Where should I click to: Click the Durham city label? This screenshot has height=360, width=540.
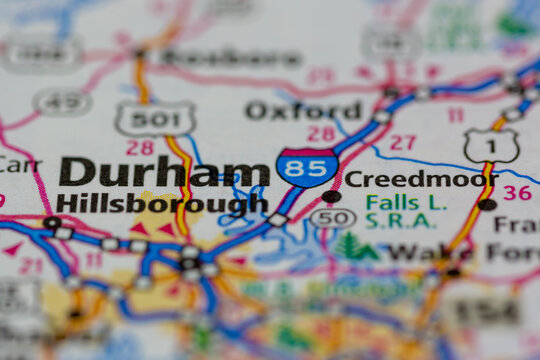[x=163, y=172]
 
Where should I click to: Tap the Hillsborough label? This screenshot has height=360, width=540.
[x=162, y=204]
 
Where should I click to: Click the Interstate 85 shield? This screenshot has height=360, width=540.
[x=306, y=167]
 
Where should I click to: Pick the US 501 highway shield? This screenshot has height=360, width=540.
[x=155, y=119]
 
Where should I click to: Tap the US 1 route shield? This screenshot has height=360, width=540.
[x=491, y=146]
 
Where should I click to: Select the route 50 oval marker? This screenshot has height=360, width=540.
[x=332, y=218]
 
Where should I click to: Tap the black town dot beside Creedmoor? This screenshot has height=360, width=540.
[x=331, y=196]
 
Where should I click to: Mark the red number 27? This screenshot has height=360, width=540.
[x=402, y=142]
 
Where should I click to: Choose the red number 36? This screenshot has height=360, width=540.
[x=516, y=192]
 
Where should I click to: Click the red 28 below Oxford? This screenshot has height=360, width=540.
[x=321, y=134]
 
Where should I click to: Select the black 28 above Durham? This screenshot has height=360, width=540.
[x=139, y=147]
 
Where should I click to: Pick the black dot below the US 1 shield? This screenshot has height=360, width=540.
[x=487, y=204]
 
